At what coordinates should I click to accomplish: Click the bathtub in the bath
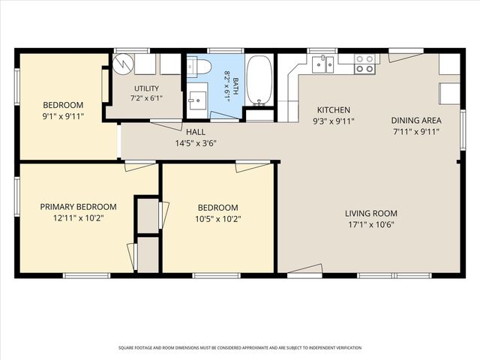click(x=259, y=80)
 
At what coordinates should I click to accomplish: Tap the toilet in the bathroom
click(x=199, y=67)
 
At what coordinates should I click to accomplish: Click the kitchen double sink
click(x=322, y=64)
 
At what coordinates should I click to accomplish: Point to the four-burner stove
click(x=364, y=64)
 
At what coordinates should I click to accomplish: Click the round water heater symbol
click(x=123, y=64)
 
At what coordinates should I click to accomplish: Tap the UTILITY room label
click(x=146, y=88)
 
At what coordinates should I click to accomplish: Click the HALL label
click(x=196, y=132)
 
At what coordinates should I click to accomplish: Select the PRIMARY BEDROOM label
click(x=78, y=207)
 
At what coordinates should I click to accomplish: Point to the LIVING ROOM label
click(x=371, y=213)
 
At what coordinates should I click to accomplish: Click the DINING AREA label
click(x=416, y=120)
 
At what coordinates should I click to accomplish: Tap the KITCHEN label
click(x=334, y=110)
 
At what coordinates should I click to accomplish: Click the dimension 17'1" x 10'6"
click(x=371, y=225)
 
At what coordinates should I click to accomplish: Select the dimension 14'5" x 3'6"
click(x=196, y=143)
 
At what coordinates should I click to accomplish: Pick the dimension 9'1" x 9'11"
click(x=63, y=116)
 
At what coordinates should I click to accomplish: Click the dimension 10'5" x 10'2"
click(x=218, y=219)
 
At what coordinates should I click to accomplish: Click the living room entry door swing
click(x=305, y=269)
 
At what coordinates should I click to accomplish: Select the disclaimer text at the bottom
click(x=240, y=348)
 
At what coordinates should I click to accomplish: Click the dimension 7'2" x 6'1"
click(x=146, y=98)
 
